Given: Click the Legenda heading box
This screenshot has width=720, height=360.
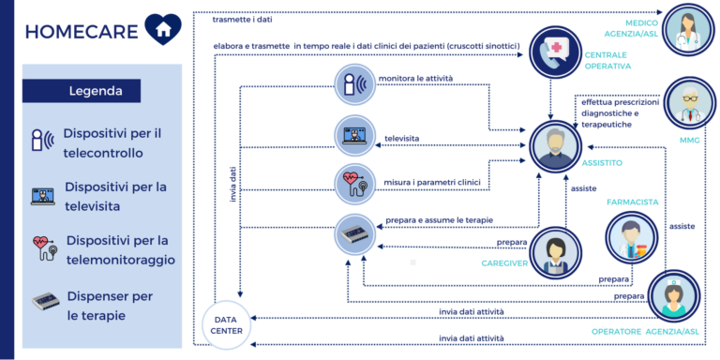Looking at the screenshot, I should pyautogui.click(x=82, y=92).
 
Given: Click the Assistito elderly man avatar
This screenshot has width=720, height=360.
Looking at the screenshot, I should pyautogui.click(x=557, y=146).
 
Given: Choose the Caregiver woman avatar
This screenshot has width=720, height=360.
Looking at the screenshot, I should pyautogui.click(x=557, y=250).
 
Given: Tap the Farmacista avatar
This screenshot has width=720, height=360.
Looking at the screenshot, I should pyautogui.click(x=630, y=236).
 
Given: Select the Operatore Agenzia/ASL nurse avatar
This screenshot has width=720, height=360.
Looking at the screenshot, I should pyautogui.click(x=672, y=295).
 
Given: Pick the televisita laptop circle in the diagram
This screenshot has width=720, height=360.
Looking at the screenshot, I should pyautogui.click(x=357, y=136).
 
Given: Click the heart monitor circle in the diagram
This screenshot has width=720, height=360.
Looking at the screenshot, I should pyautogui.click(x=357, y=183).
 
